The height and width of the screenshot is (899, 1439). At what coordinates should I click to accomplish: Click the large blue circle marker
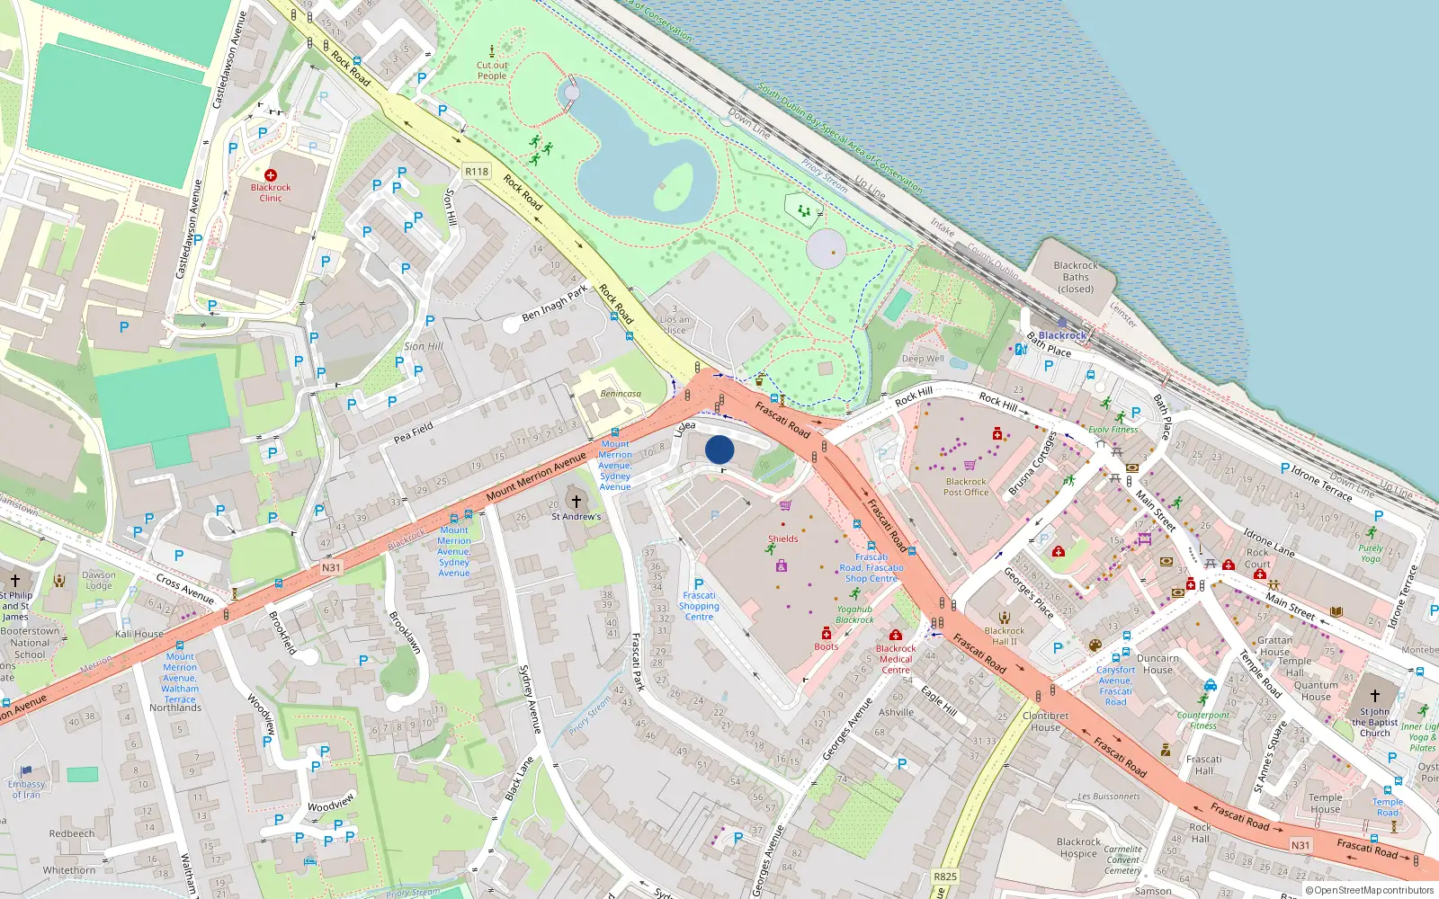point(719,449)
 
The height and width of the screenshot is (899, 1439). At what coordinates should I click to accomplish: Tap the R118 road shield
point(477,171)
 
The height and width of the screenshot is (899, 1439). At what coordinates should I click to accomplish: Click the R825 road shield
point(945,877)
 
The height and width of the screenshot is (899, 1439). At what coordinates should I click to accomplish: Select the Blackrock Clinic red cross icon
point(271,175)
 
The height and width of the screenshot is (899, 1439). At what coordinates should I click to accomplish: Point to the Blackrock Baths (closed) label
point(1076,277)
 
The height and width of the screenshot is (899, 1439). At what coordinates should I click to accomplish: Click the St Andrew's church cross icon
point(576,501)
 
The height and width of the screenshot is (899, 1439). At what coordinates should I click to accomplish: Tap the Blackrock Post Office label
point(966,487)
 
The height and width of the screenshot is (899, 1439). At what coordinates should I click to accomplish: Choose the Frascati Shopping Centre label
point(699,606)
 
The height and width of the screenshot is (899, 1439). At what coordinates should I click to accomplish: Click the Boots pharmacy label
point(826,646)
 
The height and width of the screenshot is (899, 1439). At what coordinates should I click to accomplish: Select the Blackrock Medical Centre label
point(896,659)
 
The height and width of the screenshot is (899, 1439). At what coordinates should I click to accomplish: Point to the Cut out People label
point(492,70)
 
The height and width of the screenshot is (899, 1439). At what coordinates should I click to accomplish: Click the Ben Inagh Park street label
point(554,303)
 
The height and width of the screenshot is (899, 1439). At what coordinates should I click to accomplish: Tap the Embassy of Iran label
point(26,789)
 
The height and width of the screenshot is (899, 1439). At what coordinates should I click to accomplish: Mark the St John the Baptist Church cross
point(1374,695)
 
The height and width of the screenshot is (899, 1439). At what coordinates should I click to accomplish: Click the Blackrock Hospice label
point(1078,848)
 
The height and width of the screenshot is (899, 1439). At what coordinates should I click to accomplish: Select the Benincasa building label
point(621,394)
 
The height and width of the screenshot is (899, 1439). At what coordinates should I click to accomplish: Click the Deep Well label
point(923,359)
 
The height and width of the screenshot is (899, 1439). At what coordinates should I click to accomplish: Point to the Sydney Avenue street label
point(530,699)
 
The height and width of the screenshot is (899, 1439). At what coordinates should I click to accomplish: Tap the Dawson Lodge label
point(99,580)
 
